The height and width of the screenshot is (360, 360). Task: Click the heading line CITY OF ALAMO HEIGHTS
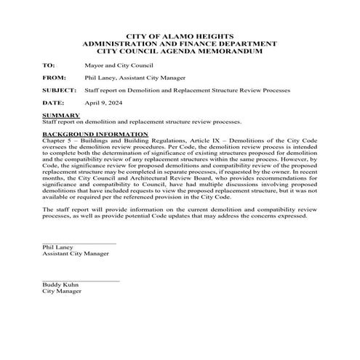click(180, 35)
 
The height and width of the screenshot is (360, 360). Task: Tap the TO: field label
click(49, 65)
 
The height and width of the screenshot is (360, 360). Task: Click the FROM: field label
click(53, 78)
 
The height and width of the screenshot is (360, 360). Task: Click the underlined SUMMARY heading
click(61, 115)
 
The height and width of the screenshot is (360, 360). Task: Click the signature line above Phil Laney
click(79, 243)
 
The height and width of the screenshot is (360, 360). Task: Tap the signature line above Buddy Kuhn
click(80, 281)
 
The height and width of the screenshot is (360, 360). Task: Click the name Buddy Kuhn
click(60, 285)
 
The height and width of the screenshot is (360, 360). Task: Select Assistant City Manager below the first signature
click(76, 254)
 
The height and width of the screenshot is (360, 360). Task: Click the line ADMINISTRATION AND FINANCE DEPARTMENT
click(180, 43)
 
